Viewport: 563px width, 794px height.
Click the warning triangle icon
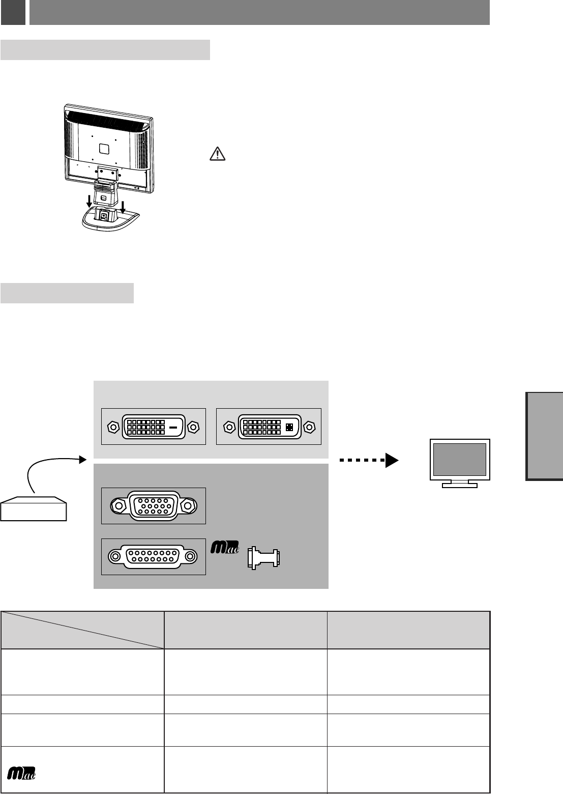tap(217, 154)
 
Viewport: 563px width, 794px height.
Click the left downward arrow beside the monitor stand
tap(90, 200)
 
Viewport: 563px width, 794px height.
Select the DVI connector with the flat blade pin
tap(153, 427)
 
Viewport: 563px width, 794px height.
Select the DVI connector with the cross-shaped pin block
tap(269, 427)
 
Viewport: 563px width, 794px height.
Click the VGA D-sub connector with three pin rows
tap(154, 506)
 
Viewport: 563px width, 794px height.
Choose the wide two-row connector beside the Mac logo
tap(154, 557)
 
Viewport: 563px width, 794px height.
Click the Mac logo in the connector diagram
tap(224, 549)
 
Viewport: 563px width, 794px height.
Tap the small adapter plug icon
tap(262, 558)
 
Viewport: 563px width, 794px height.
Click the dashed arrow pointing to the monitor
tap(369, 460)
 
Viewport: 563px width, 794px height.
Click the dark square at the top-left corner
tap(13, 12)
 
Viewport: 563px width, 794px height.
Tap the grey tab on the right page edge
tap(545, 436)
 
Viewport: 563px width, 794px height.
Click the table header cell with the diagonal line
tap(82, 630)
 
